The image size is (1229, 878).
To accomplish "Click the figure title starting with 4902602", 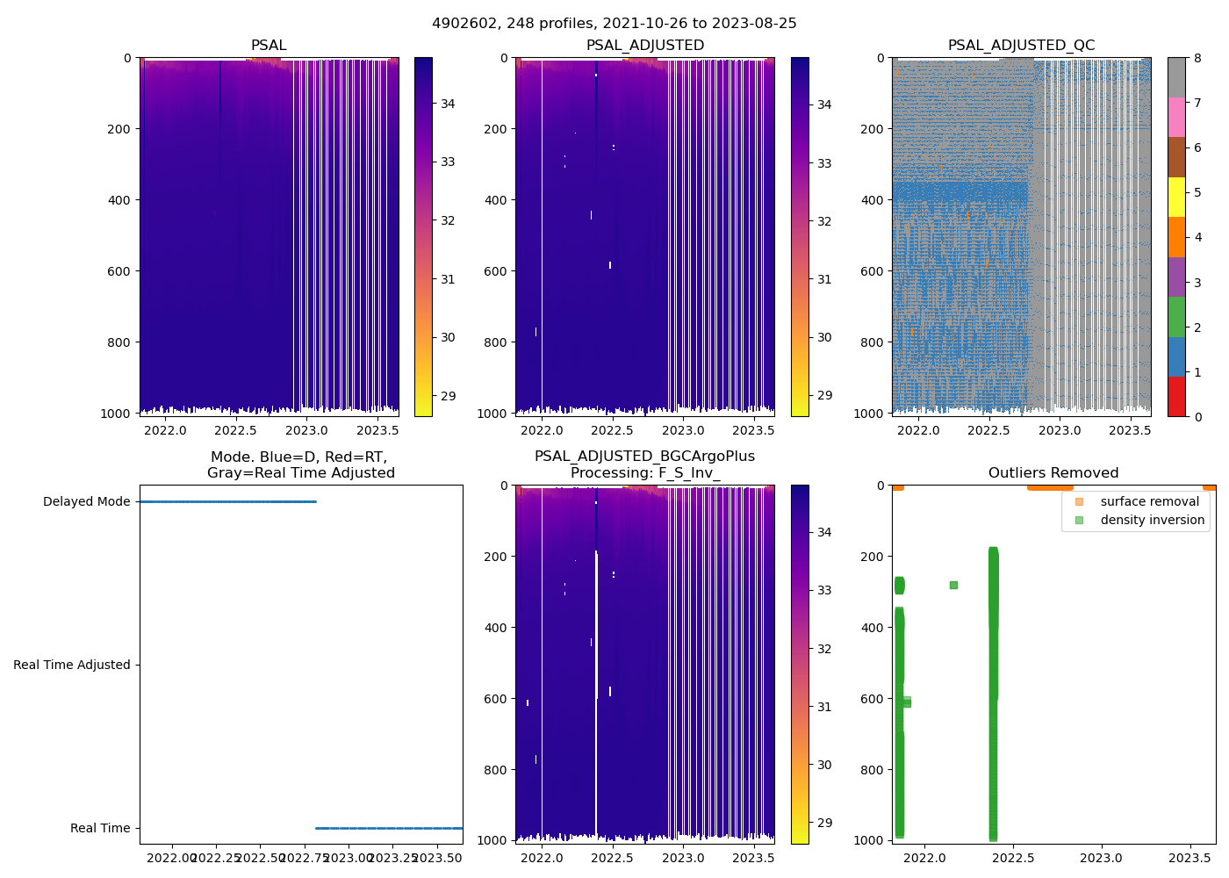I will tap(614, 24).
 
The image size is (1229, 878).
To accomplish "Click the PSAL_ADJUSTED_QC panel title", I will tap(1021, 46).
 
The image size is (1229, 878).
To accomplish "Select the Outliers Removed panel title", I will tap(1053, 473).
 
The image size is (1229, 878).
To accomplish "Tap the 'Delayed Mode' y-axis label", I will tap(86, 502).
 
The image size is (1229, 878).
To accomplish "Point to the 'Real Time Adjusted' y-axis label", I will tap(71, 665).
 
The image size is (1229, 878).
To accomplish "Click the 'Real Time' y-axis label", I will tap(100, 828).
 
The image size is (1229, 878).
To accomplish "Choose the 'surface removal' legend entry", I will tap(1149, 501).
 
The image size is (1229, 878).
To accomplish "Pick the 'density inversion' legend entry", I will tap(1152, 520).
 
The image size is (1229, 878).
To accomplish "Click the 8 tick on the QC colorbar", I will tap(1197, 58).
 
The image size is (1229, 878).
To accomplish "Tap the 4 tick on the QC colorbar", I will tap(1197, 237).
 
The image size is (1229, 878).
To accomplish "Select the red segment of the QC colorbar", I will tap(1176, 396).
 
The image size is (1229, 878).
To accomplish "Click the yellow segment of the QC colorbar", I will tap(1176, 197).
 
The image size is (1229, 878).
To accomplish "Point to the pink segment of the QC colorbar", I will tap(1176, 117).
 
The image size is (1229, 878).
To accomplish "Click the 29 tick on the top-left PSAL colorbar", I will tap(448, 396).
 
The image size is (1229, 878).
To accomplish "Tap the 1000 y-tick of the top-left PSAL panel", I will tap(120, 414).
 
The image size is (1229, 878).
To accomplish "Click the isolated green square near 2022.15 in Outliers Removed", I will tap(953, 585).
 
